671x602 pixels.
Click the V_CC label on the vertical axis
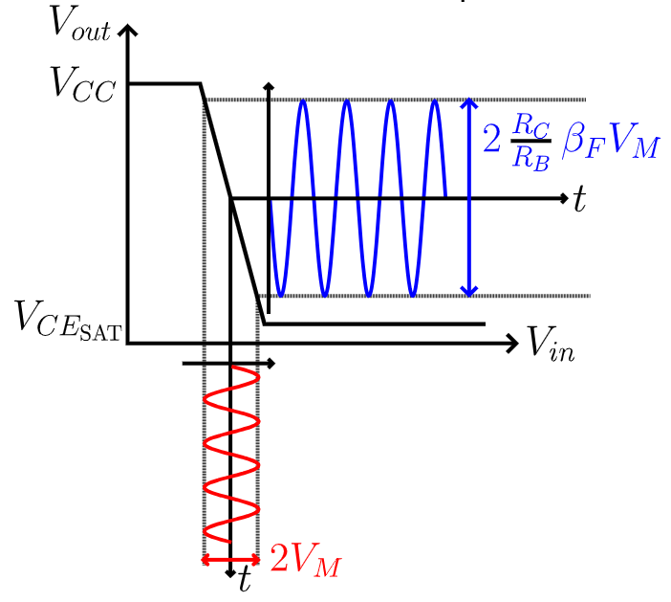pyautogui.click(x=82, y=90)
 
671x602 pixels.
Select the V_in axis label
pyautogui.click(x=552, y=343)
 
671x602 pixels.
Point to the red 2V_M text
pyautogui.click(x=305, y=559)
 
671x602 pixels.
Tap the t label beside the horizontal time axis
pyautogui.click(x=578, y=200)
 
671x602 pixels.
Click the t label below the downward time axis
pyautogui.click(x=245, y=579)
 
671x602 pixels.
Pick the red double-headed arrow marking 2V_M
pyautogui.click(x=230, y=560)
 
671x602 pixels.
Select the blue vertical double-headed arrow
pyautogui.click(x=468, y=197)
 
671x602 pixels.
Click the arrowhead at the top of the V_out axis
pyautogui.click(x=129, y=27)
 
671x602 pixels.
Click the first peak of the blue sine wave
pyautogui.click(x=303, y=100)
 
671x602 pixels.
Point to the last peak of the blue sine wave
pyautogui.click(x=435, y=100)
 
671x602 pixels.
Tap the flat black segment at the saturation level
pyautogui.click(x=373, y=323)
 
